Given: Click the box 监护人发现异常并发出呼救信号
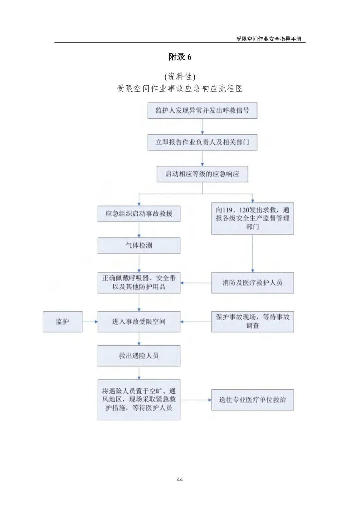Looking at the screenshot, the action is pos(202,111).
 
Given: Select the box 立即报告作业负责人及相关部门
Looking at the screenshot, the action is pos(202,142).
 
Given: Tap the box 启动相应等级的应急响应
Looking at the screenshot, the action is pos(202,174).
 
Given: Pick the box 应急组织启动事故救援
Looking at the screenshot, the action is pos(139,214).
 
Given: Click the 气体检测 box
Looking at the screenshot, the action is pos(139,246).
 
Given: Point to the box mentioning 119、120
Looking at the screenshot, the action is pos(252,219).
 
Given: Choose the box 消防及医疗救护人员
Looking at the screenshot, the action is pos(252,283).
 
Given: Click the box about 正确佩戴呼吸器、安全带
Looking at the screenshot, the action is pos(139,283).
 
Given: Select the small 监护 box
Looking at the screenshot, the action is pos(62,321).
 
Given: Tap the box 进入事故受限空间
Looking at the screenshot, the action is pos(139,321).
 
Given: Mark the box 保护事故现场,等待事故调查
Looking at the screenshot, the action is pos(252,321).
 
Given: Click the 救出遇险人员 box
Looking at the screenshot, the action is pos(139,356).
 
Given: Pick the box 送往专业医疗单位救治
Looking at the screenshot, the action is pos(252,400).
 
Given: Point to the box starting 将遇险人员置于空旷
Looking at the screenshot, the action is pos(139,400).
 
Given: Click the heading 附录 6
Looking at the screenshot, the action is pos(180,57).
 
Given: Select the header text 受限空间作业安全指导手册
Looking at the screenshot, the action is pos(269,39).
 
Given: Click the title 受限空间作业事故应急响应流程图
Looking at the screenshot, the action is pos(180,88).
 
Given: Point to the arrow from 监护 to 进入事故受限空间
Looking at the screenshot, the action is pos(90,321).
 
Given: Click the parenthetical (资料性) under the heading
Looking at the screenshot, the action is pos(180,77).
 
